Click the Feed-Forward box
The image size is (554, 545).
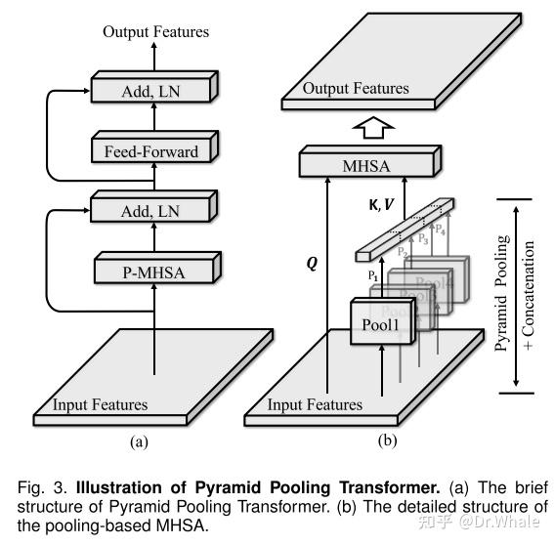150,151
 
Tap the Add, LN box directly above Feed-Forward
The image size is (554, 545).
150,92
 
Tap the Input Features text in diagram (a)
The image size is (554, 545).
101,403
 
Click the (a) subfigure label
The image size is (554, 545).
138,440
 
